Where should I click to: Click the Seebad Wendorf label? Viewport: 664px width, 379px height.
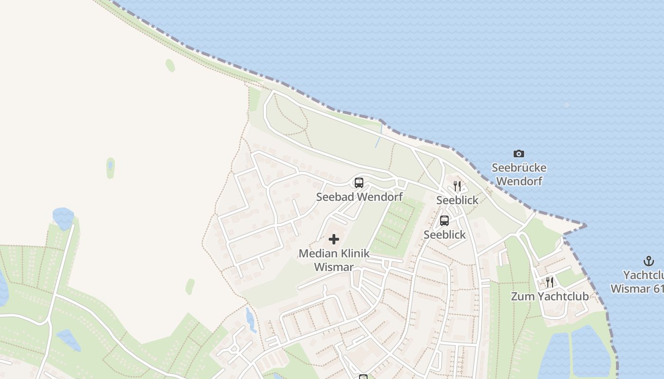tap(359, 197)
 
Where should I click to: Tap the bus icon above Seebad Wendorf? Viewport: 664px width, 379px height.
tap(359, 183)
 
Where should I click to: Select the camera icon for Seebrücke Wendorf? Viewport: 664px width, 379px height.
tap(519, 153)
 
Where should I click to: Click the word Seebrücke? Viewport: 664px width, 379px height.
tap(519, 168)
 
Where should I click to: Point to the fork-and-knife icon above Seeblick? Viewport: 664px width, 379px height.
tap(457, 186)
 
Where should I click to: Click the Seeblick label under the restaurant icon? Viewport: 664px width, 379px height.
tap(457, 200)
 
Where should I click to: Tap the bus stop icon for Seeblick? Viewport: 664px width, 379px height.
tap(444, 220)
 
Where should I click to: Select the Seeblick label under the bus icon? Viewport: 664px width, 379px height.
tap(444, 235)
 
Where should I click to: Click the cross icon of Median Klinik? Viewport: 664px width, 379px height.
tap(334, 239)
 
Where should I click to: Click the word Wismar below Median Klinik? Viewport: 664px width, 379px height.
tap(334, 267)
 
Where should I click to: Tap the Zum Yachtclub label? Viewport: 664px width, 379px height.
tap(549, 297)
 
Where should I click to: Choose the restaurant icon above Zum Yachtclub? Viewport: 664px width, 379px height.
tap(549, 282)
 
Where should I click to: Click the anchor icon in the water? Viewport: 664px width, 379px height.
tap(648, 261)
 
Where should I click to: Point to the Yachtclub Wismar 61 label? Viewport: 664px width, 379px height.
tap(638, 282)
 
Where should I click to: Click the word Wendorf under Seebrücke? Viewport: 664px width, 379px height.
tap(519, 181)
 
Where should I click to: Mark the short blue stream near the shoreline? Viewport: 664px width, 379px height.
tap(378, 136)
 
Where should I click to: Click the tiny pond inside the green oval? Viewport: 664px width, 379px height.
tap(110, 165)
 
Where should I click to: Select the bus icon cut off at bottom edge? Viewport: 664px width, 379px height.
tap(363, 377)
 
